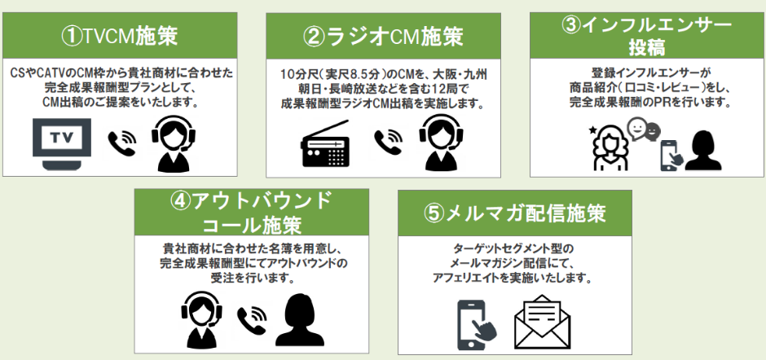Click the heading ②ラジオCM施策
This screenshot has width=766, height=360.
[x=382, y=36]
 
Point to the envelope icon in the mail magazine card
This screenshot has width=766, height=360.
[x=542, y=321]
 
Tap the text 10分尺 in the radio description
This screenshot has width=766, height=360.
[x=297, y=75]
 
